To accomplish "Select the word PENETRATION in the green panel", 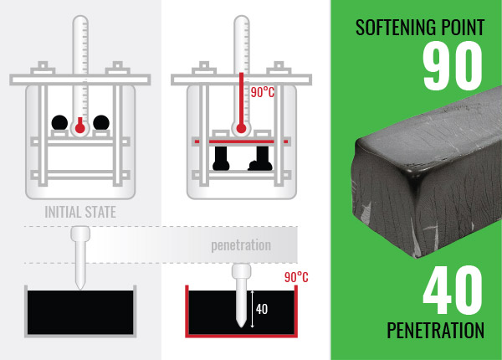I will [x=435, y=331].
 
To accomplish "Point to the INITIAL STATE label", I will [x=80, y=212].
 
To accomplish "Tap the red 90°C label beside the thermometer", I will [x=263, y=93].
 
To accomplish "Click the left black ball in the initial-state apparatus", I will [x=59, y=122].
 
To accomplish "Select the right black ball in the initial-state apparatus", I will [x=101, y=122].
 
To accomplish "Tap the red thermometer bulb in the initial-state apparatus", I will [x=79, y=128].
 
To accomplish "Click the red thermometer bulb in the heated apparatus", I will [x=242, y=128].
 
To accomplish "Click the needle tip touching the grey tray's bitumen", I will [x=80, y=287].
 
